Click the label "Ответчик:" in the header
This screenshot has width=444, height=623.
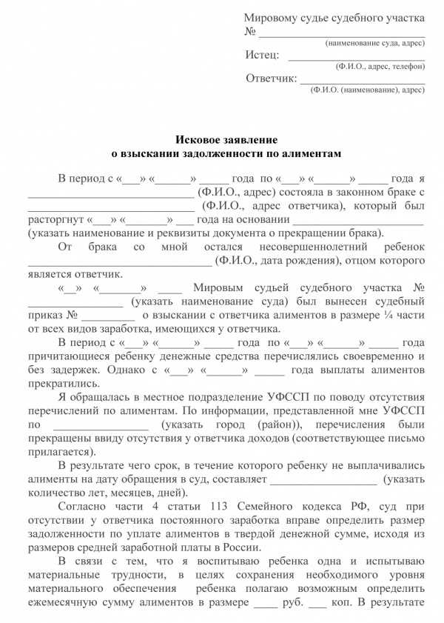pos(272,79)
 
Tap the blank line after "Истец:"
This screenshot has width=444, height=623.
pos(356,57)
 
